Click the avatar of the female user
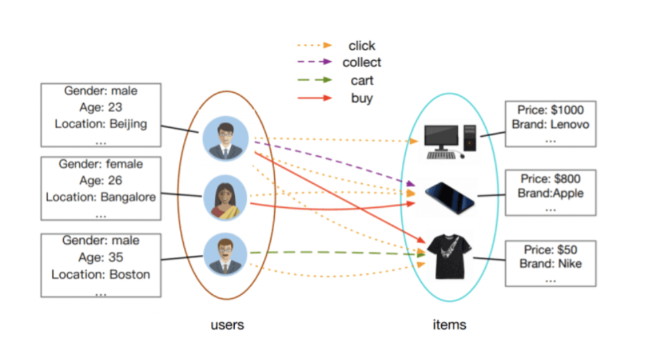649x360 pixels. [x=225, y=197]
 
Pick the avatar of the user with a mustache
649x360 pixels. [x=225, y=254]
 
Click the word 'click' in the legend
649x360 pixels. [x=361, y=46]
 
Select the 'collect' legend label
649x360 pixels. [x=361, y=63]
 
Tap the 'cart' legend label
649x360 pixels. [x=361, y=81]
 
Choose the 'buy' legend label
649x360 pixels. [x=361, y=99]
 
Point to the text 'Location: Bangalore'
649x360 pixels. [x=101, y=197]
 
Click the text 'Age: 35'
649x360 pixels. [x=101, y=257]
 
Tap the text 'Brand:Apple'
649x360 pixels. [x=550, y=194]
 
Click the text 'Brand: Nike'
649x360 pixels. [x=550, y=264]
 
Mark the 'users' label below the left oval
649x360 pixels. [x=227, y=325]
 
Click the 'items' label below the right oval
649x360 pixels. [x=449, y=325]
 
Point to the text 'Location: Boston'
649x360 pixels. [x=101, y=274]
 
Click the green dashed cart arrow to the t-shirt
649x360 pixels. [x=335, y=253]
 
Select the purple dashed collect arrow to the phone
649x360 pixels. [x=335, y=163]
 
